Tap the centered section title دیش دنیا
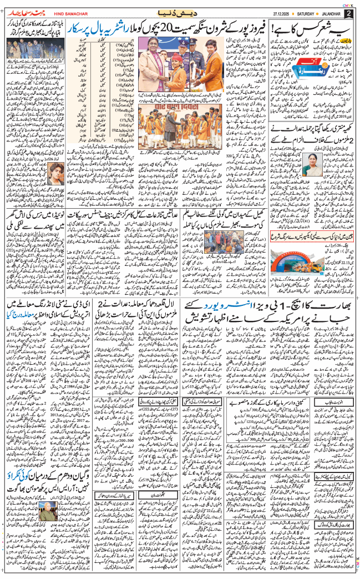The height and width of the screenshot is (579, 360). coord(180,13)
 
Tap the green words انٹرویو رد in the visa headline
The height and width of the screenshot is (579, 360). coord(225,306)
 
